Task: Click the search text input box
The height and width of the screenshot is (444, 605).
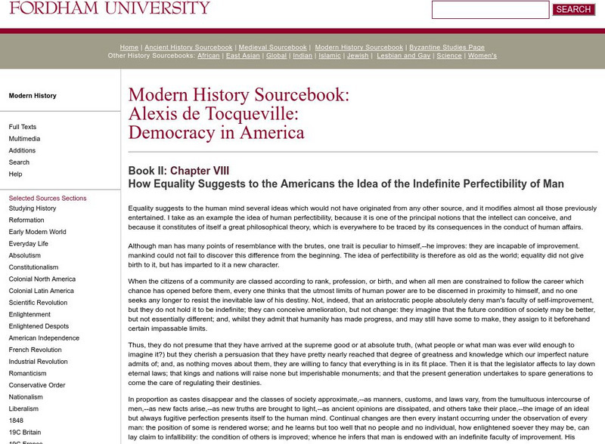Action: click(x=490, y=10)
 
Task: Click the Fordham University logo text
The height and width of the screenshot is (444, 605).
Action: click(x=105, y=8)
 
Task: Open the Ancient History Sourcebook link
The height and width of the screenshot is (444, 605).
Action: click(x=189, y=47)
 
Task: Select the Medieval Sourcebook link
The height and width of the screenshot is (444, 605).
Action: click(x=274, y=47)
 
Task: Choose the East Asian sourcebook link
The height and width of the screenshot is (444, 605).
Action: click(x=242, y=56)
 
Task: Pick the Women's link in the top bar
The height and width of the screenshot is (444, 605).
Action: click(x=482, y=56)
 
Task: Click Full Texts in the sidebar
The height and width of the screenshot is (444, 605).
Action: click(x=23, y=127)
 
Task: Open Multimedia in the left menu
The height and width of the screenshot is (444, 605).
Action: click(x=24, y=139)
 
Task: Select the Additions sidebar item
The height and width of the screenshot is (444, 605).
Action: click(x=22, y=151)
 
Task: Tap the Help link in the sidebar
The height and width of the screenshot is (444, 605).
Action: click(x=15, y=174)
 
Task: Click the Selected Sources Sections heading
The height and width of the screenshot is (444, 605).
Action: click(x=48, y=198)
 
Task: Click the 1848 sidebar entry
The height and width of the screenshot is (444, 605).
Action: click(x=16, y=420)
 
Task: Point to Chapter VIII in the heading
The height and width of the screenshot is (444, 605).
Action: click(x=200, y=171)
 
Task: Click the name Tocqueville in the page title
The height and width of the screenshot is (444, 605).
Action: click(x=228, y=115)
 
